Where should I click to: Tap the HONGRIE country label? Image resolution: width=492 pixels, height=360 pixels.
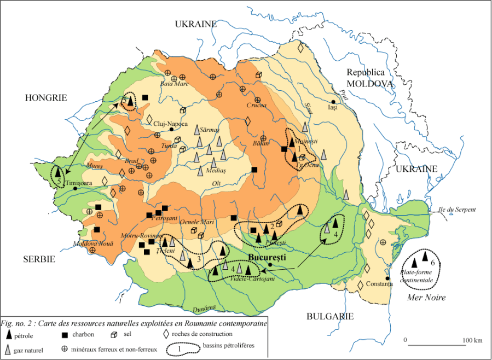tap(45, 97)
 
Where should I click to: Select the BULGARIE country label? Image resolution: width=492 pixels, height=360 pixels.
tap(330, 316)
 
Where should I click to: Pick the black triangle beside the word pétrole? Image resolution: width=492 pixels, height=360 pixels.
tap(8, 334)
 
